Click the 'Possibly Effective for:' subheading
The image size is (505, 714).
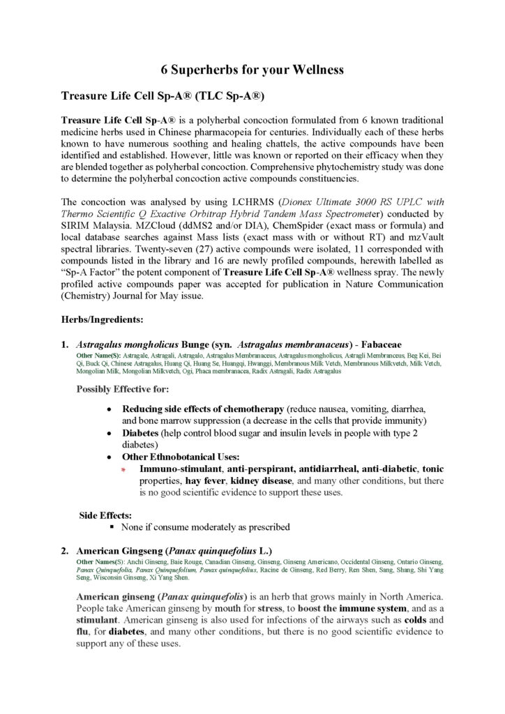coord(123,389)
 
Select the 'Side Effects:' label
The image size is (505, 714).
coord(105,515)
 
